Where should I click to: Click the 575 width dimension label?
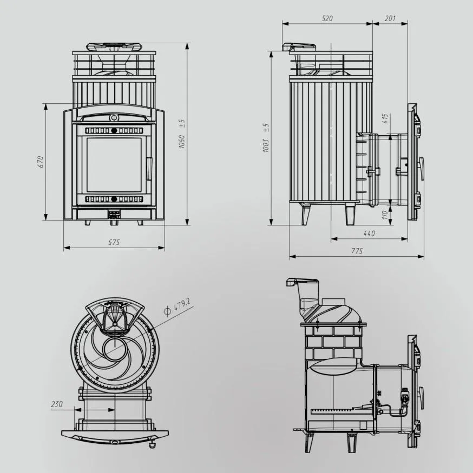point(114,242)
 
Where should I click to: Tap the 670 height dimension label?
point(41,162)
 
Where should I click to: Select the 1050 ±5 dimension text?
point(181,134)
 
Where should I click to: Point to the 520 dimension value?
point(327,18)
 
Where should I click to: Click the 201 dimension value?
point(390,18)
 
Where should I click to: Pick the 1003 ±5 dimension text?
point(266,137)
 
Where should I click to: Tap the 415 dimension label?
point(385,118)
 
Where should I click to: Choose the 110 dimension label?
point(384,215)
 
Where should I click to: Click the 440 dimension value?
point(369,233)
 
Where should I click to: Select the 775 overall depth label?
point(357,251)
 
